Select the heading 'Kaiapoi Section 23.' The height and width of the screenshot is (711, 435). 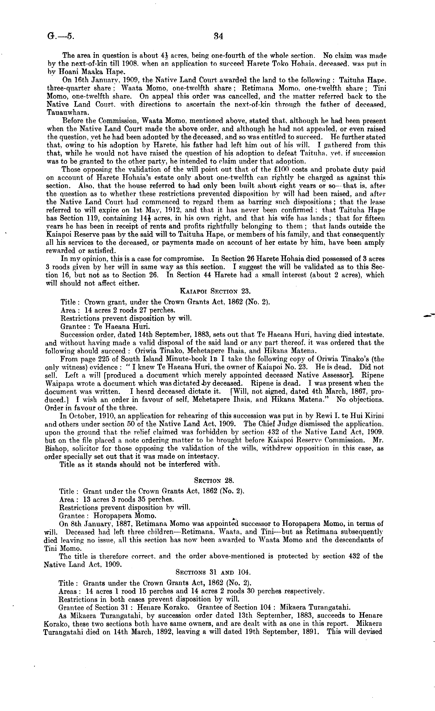point(215,291)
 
